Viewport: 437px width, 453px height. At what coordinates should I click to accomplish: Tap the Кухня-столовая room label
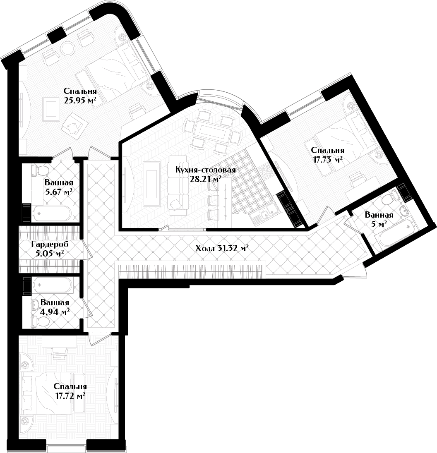206,170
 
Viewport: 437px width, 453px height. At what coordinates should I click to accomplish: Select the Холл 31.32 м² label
222,248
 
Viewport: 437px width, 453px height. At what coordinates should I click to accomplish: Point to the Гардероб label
50,244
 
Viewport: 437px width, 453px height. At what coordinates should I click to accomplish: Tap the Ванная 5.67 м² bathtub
51,213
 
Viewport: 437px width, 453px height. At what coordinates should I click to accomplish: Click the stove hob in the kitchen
267,172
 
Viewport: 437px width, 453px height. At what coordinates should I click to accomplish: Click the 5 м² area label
379,224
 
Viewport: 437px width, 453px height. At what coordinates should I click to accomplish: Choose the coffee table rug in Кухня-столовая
152,184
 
